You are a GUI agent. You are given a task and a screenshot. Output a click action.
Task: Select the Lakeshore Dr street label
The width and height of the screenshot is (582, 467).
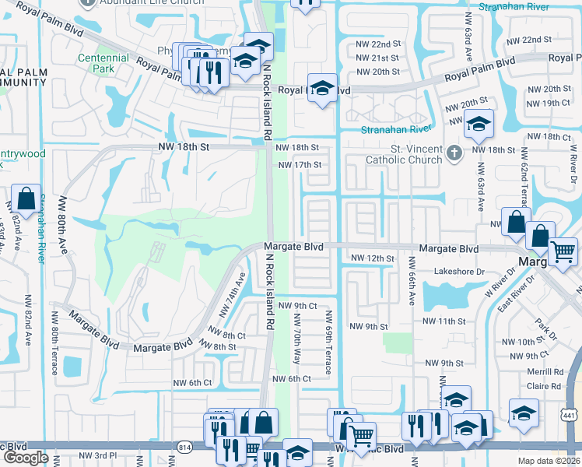[x=459, y=272]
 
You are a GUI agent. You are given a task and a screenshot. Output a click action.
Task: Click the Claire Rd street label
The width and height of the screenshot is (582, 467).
[x=544, y=386]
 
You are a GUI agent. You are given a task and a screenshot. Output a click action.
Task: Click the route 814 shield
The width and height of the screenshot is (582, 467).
[x=185, y=447]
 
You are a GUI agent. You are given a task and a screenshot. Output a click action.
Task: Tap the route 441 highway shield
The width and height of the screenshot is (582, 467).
[x=570, y=419]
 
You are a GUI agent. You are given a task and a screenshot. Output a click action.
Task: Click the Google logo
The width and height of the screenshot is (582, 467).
[x=26, y=458]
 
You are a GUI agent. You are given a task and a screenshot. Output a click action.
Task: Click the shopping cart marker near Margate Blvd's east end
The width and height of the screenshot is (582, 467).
[x=563, y=251]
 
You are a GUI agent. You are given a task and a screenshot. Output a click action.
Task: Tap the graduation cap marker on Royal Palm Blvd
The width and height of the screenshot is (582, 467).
[x=321, y=87]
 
